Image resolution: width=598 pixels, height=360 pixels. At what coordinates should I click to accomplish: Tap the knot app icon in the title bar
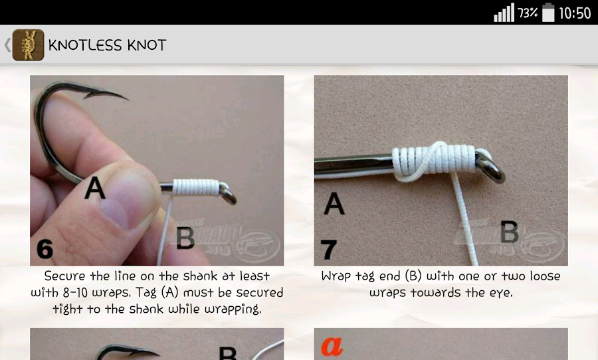point(28,45)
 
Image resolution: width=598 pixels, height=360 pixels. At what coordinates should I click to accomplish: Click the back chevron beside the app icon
point(7,45)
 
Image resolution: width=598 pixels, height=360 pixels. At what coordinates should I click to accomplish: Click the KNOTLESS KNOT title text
point(107,45)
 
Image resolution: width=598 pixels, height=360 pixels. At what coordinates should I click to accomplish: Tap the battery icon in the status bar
point(548,13)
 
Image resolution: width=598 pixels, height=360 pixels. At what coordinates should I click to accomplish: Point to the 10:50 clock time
point(575,13)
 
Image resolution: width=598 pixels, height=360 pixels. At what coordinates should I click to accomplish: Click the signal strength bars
point(504,13)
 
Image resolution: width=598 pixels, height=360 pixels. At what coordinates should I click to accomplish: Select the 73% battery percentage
point(528,13)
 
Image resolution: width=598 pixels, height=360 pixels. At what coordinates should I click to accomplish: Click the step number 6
point(45,249)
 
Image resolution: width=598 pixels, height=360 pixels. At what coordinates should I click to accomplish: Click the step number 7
point(328,250)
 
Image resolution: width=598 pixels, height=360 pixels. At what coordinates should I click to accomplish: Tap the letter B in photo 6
point(185,237)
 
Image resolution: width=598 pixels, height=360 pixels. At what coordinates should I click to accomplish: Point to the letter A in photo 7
point(334,203)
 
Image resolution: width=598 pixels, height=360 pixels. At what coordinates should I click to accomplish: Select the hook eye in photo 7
point(492,167)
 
